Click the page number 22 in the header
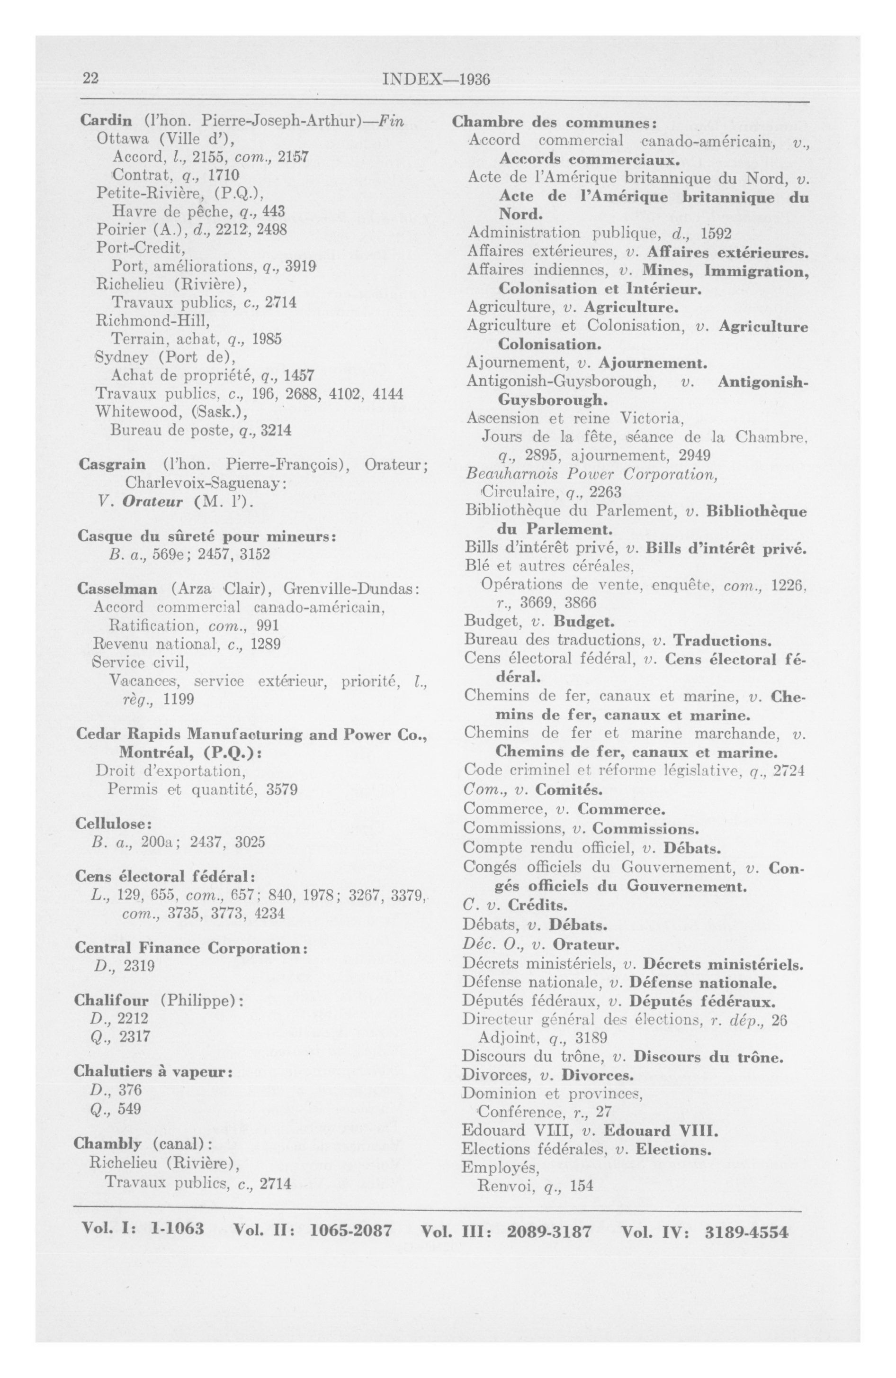(x=90, y=79)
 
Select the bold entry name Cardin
(x=106, y=121)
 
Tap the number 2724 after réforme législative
(x=789, y=771)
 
